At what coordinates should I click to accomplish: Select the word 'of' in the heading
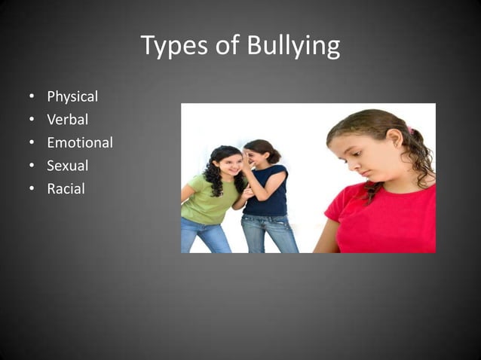coord(227,47)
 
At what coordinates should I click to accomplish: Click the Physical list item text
coord(72,97)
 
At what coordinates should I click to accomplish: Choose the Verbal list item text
coord(68,120)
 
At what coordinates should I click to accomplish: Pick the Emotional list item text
coord(80,142)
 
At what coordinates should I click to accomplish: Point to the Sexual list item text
coord(68,166)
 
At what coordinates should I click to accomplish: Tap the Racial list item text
coord(66,188)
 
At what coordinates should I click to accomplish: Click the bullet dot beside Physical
coord(32,97)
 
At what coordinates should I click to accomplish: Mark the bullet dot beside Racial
coord(32,189)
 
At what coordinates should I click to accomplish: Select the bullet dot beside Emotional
coord(32,143)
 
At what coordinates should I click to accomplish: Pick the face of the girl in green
coord(228,164)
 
